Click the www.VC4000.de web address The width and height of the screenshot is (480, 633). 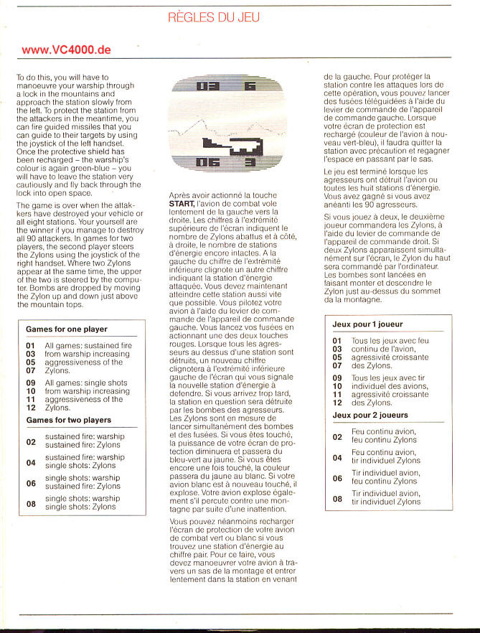coord(66,50)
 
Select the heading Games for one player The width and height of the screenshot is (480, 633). coord(67,329)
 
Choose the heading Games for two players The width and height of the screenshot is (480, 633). coord(69,420)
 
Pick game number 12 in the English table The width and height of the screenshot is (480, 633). coord(31,408)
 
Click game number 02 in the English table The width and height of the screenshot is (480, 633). coord(31,441)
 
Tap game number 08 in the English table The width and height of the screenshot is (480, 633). coord(31,503)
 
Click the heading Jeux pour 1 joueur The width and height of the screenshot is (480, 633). coord(372,324)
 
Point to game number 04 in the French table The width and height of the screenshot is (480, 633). coord(337,457)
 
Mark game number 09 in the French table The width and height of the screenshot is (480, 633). coord(337,378)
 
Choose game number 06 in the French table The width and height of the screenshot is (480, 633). coord(337,478)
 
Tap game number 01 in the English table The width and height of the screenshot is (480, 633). coord(31,346)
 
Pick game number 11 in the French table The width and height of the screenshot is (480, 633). coord(337,395)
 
